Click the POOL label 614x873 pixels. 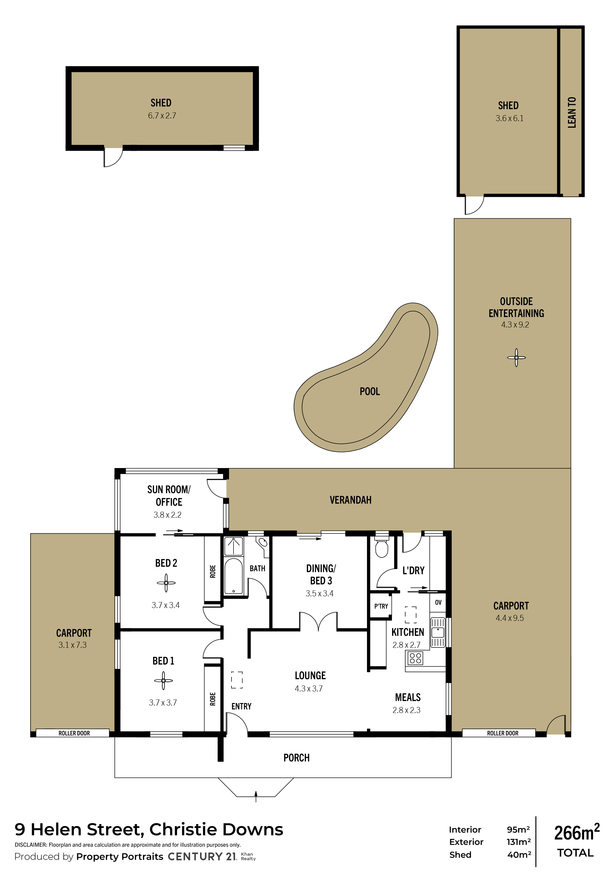coord(370,391)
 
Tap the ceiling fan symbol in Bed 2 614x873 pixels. coord(166,583)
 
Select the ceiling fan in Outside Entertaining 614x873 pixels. coord(516,357)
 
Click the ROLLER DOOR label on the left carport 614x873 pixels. coord(74,733)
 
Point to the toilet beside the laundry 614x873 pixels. coord(382,547)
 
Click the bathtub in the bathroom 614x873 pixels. coord(234,576)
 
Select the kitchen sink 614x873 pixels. coord(438,633)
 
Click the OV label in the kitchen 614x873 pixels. coord(438,602)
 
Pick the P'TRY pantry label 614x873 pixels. coord(381,606)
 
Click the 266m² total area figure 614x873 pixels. coord(576,832)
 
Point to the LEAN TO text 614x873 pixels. coord(572,112)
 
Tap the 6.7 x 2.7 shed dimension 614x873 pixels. coord(162,115)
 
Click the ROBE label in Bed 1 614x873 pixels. coord(213,699)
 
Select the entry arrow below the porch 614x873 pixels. coord(256,796)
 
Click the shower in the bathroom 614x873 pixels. coord(234,546)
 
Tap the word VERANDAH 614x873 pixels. coord(351,500)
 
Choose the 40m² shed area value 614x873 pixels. coord(519,855)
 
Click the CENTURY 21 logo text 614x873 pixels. coord(202,856)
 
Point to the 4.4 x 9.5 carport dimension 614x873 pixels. coord(509,618)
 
